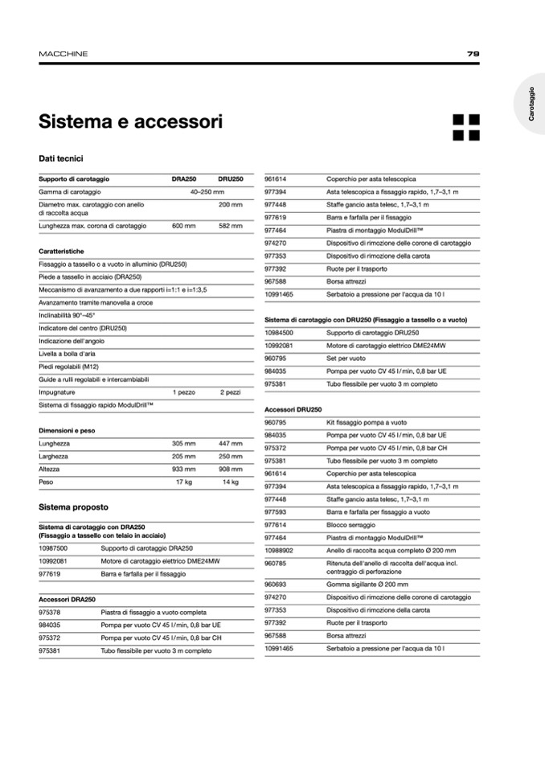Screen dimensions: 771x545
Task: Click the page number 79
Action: click(x=473, y=54)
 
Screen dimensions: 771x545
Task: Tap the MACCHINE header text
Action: click(x=64, y=54)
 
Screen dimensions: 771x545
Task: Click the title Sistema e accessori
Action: click(x=130, y=122)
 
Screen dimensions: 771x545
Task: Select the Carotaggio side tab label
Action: click(x=531, y=105)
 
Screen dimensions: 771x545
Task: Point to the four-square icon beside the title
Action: click(x=465, y=127)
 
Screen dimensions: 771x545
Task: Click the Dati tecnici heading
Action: click(x=61, y=159)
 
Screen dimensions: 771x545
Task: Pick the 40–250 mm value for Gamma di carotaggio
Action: click(x=207, y=192)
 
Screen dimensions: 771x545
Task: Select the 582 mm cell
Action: click(x=230, y=226)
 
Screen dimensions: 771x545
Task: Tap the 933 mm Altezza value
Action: click(x=183, y=469)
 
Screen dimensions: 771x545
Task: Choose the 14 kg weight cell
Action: click(x=230, y=482)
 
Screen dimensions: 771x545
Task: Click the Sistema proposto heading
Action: click(x=73, y=507)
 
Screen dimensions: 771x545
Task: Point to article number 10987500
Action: click(x=53, y=548)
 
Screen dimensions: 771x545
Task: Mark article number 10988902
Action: click(x=279, y=550)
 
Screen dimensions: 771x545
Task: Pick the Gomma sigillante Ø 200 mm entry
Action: click(x=367, y=584)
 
